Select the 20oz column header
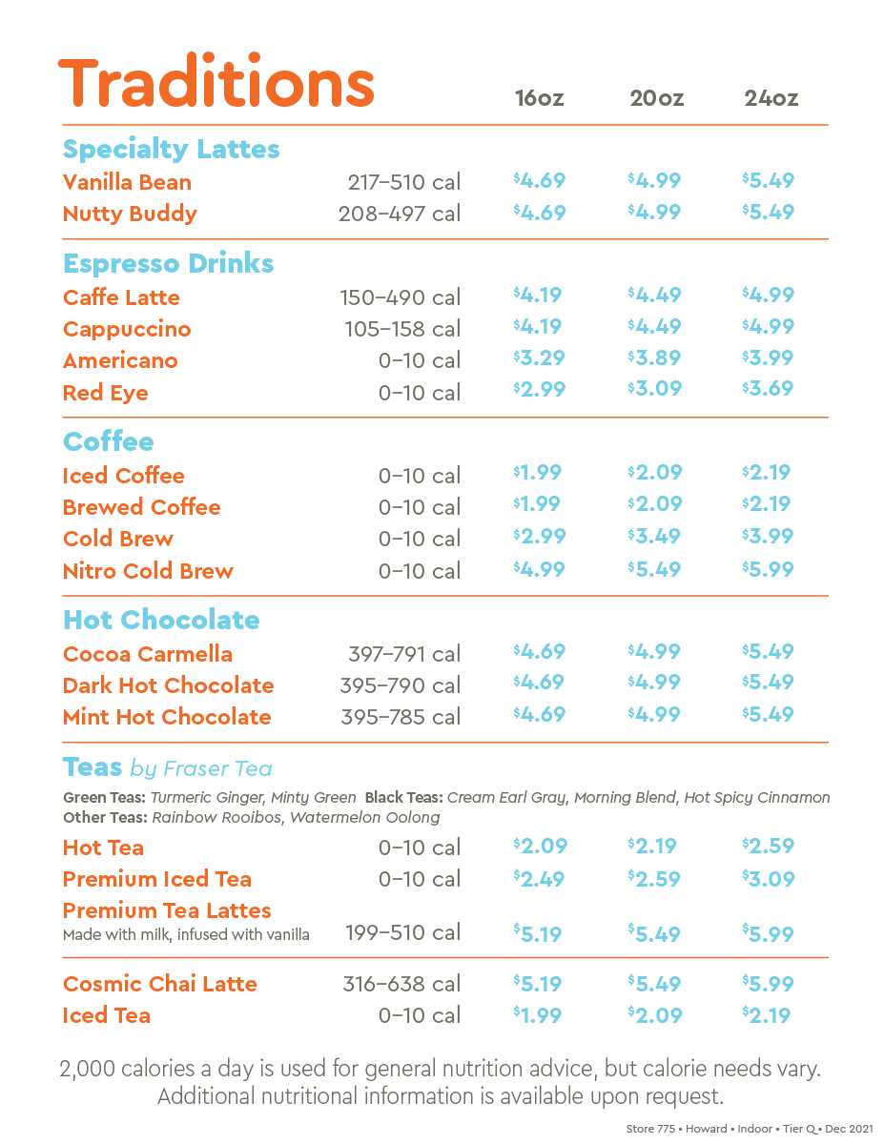[x=656, y=98]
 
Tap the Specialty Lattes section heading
[x=172, y=149]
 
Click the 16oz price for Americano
[x=539, y=358]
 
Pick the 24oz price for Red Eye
[x=768, y=389]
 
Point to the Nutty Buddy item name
[x=130, y=214]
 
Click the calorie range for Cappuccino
[x=402, y=329]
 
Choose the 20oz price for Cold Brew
[x=653, y=537]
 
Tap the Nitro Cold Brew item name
[x=148, y=571]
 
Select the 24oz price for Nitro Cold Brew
[x=768, y=569]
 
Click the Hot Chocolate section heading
[x=161, y=620]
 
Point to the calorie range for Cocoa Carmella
[x=404, y=654]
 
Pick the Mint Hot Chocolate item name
[x=167, y=717]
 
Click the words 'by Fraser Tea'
[x=200, y=768]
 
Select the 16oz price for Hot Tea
[x=540, y=846]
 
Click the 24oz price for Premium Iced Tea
[x=768, y=879]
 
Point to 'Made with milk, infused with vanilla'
[x=186, y=935]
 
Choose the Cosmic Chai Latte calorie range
[x=401, y=984]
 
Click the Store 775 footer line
[x=750, y=1129]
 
